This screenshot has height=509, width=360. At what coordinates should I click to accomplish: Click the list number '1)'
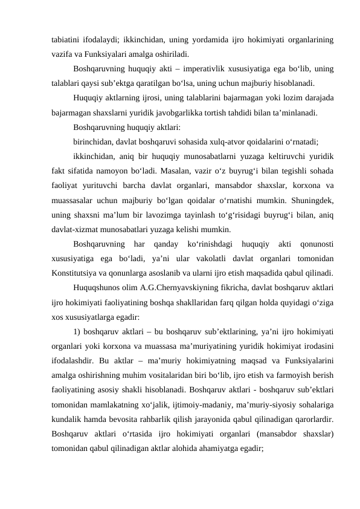click(77, 331)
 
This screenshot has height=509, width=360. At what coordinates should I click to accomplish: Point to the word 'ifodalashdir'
click(73, 360)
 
